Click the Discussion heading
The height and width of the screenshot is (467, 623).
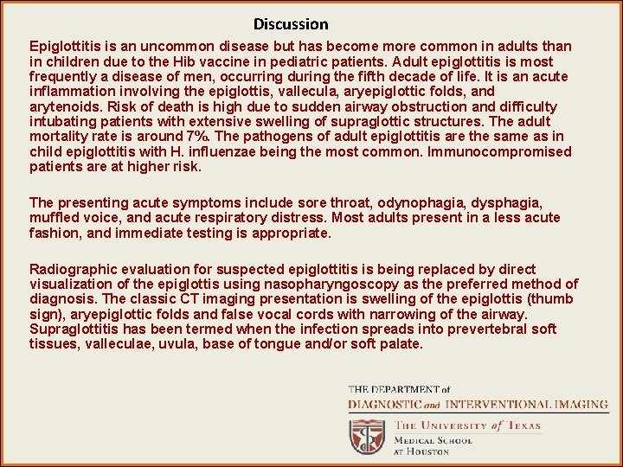pos(291,24)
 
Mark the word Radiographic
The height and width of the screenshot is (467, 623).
pos(69,269)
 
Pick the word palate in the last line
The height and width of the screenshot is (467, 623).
pos(401,343)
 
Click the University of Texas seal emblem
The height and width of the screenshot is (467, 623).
pos(367,437)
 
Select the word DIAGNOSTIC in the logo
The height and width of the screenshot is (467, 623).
pos(386,404)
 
